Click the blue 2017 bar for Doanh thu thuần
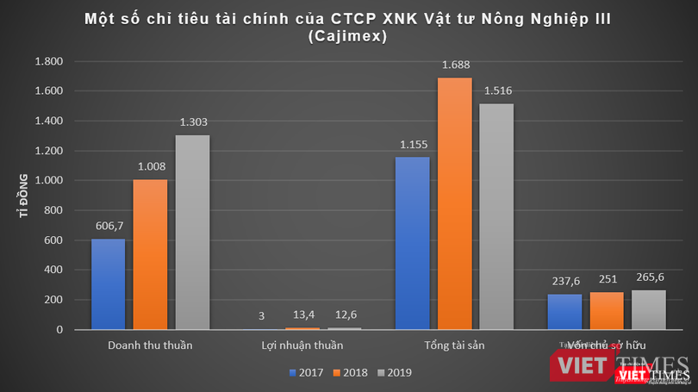coord(109,284)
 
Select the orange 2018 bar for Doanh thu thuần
coord(150,254)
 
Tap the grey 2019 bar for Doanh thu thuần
coord(192,233)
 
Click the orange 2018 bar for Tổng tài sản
coord(454,203)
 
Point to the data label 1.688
coord(455,64)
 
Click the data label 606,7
coord(109,225)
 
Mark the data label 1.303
coord(192,121)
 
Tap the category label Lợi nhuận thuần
coord(302,345)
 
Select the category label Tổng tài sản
coord(454,345)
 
